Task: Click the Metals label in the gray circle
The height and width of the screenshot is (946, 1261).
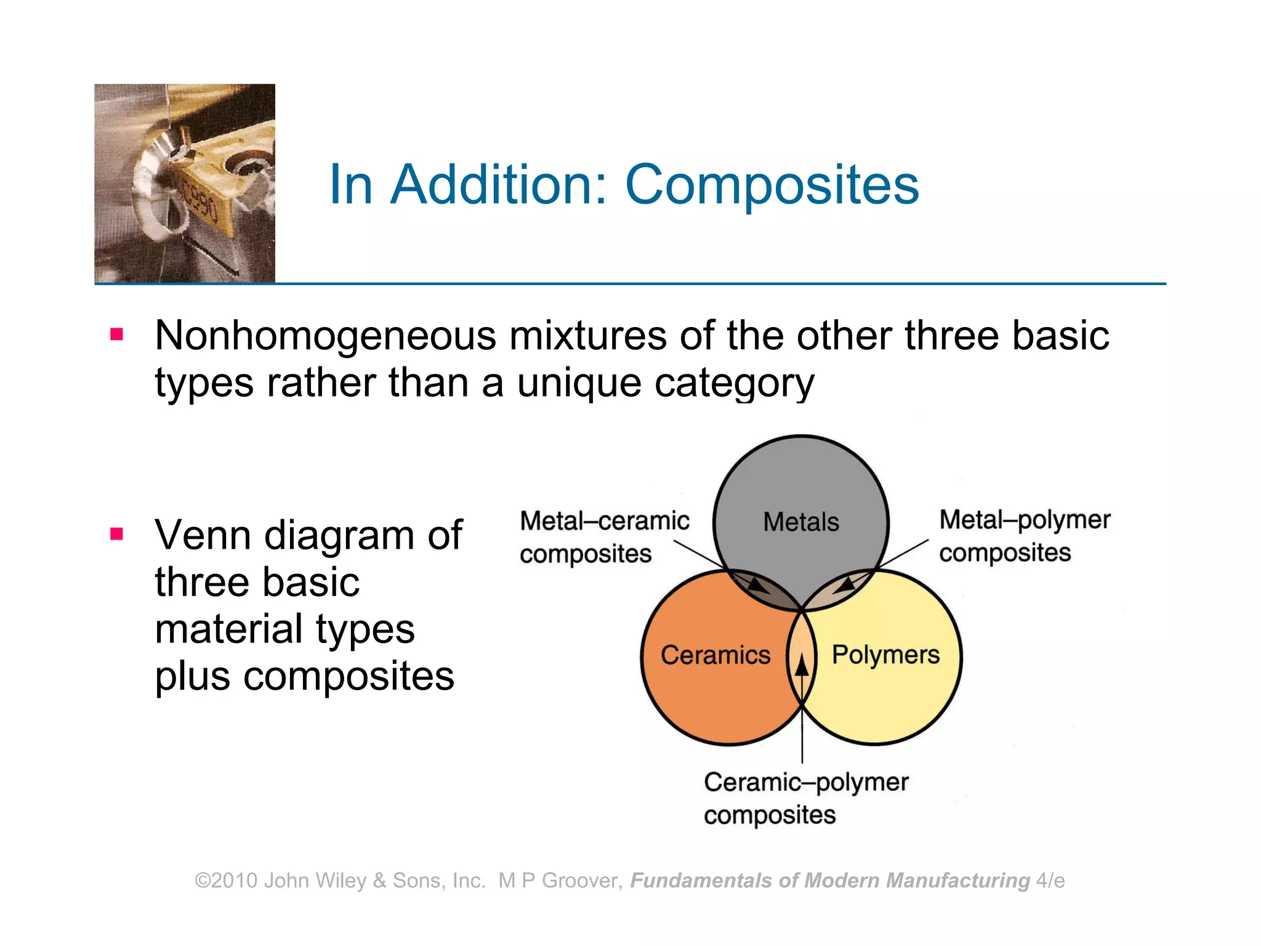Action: tap(801, 522)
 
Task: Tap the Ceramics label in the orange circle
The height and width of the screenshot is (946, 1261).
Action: tap(715, 655)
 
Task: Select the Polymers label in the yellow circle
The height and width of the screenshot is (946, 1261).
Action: tap(885, 655)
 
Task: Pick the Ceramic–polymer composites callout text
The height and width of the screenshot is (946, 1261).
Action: tap(805, 798)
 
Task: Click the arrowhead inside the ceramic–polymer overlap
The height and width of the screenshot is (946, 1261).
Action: tap(802, 665)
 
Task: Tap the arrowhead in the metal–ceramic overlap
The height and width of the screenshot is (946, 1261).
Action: tap(759, 584)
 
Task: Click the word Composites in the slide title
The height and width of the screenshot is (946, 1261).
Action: tap(772, 185)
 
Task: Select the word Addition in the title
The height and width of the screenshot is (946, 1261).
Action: tap(499, 185)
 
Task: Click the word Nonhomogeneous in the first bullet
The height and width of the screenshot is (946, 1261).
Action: tap(325, 336)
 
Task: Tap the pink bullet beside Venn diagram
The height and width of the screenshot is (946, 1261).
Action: tap(117, 533)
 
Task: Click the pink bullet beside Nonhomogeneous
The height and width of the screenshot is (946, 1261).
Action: tap(117, 334)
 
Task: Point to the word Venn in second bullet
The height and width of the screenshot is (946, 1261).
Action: tap(204, 535)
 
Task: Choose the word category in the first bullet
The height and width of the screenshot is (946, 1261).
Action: tap(734, 384)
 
